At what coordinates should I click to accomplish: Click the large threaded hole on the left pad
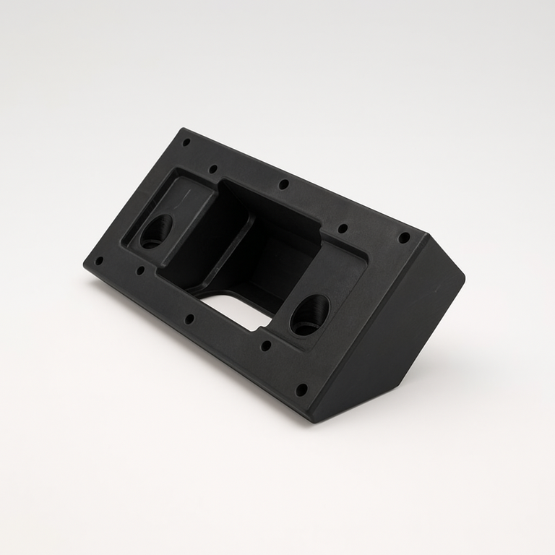tap(155, 231)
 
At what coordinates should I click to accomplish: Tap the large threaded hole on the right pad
tap(309, 315)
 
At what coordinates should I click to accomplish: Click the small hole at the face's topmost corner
tap(186, 142)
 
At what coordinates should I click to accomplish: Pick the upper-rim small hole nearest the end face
tap(404, 237)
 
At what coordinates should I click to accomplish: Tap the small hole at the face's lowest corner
tap(301, 390)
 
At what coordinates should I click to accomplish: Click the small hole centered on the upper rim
tap(284, 184)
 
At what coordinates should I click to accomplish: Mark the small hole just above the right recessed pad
tap(343, 228)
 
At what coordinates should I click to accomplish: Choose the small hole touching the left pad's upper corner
tap(212, 169)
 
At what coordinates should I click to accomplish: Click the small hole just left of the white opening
tap(189, 318)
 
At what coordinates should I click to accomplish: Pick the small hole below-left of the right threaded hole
tap(266, 345)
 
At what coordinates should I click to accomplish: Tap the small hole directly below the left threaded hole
tap(140, 270)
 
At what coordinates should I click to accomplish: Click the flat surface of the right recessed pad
tap(340, 275)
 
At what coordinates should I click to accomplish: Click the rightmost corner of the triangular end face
tap(463, 275)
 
